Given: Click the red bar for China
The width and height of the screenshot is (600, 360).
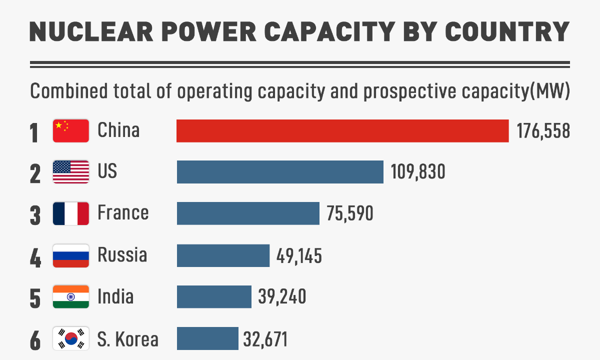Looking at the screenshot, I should coord(342,131).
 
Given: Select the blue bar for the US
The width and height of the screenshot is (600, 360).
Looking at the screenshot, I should coord(280,172).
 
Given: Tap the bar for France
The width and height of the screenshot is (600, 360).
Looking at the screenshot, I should coord(248,213).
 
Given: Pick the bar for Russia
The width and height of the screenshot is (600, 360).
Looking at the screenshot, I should coord(223,255).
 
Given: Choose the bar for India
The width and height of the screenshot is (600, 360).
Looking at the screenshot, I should coord(214,297).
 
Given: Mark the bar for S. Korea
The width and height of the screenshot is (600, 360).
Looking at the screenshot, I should coord(207,338).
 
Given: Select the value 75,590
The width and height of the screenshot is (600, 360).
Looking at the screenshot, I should coord(350,214).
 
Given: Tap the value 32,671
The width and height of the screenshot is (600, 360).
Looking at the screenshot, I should coord(265,339).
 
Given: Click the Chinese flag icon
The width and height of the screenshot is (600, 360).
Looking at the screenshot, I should coord(71,131).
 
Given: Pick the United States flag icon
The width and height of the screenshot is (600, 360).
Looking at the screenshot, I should coord(71,172).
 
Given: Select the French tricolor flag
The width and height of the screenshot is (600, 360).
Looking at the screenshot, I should coord(71,213).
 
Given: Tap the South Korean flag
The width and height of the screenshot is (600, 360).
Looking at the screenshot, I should coord(71,338).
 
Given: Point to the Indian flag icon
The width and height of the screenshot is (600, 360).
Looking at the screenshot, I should coord(71,297).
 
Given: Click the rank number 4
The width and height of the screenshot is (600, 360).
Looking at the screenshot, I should coord(35,256).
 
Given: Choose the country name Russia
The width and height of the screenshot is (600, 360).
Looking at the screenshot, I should coord(122,255).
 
